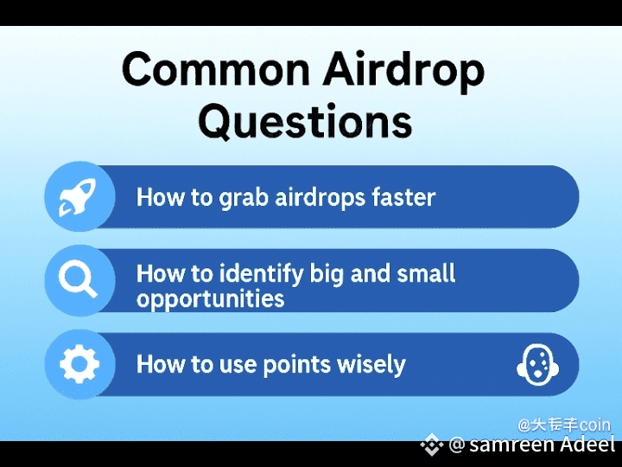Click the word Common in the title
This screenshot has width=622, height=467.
(x=216, y=68)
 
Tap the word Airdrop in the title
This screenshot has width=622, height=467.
(x=403, y=73)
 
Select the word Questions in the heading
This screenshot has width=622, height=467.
(x=305, y=122)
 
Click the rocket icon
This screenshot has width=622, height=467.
(x=78, y=196)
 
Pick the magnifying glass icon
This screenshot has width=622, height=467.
(x=78, y=280)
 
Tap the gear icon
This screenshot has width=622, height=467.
(x=79, y=364)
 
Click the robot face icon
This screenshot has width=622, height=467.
(x=537, y=365)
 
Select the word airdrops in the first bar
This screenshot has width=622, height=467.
(x=320, y=197)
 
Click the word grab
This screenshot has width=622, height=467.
(x=244, y=198)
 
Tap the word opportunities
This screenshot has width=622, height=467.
(x=210, y=298)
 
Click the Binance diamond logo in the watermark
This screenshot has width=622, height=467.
(x=432, y=445)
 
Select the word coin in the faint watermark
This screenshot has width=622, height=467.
(x=593, y=425)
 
